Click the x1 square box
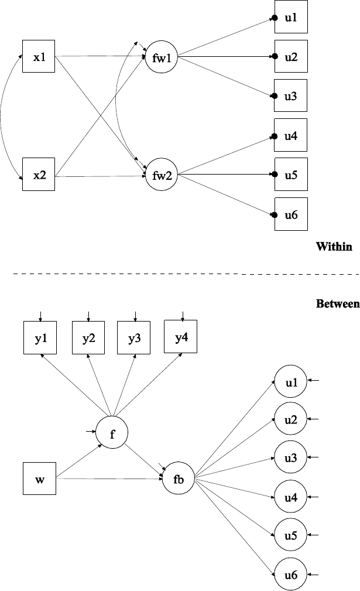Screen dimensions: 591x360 (x=39, y=56)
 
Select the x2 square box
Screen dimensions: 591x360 (x=39, y=175)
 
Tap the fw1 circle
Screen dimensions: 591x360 (x=161, y=57)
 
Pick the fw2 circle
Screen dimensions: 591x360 (x=161, y=175)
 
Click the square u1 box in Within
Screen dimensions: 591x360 (x=290, y=19)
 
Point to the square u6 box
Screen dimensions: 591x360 (x=290, y=214)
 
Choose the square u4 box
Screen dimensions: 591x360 (x=290, y=136)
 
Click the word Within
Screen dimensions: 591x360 (x=334, y=247)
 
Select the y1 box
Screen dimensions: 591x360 (x=40, y=338)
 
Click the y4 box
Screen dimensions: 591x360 (x=181, y=337)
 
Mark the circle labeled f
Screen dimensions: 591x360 (x=112, y=434)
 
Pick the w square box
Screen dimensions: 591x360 (x=39, y=479)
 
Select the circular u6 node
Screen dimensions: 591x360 (x=291, y=575)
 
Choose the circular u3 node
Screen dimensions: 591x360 (x=291, y=458)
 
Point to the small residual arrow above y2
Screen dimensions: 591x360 (x=88, y=316)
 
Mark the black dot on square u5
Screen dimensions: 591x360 (x=274, y=174)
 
